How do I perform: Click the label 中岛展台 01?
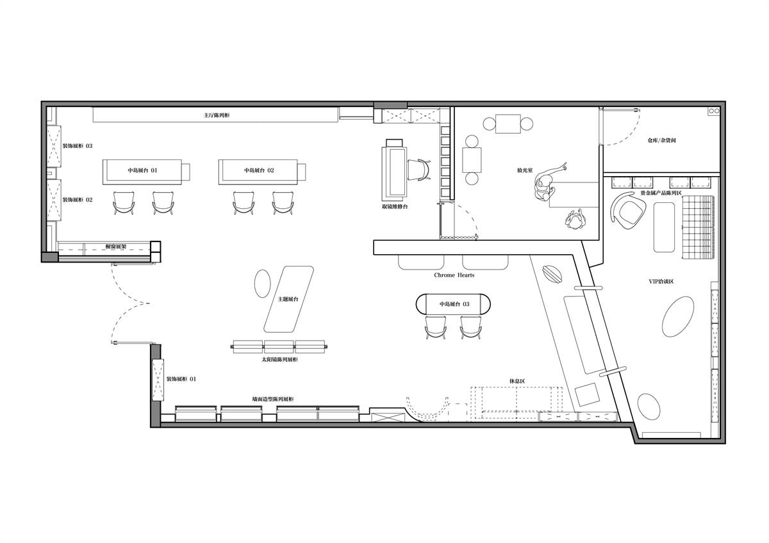pyautogui.click(x=142, y=170)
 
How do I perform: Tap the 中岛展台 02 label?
pyautogui.click(x=259, y=170)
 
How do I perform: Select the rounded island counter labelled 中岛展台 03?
pyautogui.click(x=453, y=304)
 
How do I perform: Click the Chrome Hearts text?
pyautogui.click(x=454, y=275)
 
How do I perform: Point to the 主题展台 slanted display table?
pyautogui.click(x=289, y=299)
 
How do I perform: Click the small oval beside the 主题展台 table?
pyautogui.click(x=262, y=283)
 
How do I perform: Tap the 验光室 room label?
pyautogui.click(x=525, y=170)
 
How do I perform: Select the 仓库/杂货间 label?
pyautogui.click(x=662, y=140)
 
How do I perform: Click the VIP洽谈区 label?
pyautogui.click(x=661, y=281)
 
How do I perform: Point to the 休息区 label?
pyautogui.click(x=517, y=381)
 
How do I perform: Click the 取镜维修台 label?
pyautogui.click(x=395, y=206)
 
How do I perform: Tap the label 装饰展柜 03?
pyautogui.click(x=78, y=146)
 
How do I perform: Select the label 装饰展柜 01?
pyautogui.click(x=181, y=379)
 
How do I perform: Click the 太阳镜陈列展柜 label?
pyautogui.click(x=279, y=359)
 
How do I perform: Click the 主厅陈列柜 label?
pyautogui.click(x=217, y=115)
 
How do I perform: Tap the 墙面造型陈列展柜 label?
pyautogui.click(x=273, y=400)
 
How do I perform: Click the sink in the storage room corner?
pyautogui.click(x=714, y=111)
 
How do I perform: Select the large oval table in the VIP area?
pyautogui.click(x=678, y=316)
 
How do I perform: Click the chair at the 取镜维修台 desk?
pyautogui.click(x=419, y=170)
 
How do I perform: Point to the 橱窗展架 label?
pyautogui.click(x=116, y=247)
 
